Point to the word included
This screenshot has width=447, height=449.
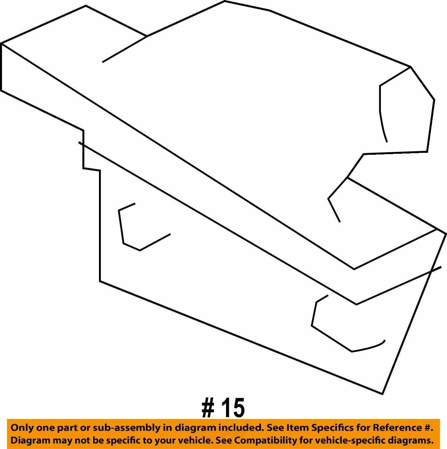click(240, 428)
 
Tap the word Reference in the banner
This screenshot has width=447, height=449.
click(396, 428)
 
